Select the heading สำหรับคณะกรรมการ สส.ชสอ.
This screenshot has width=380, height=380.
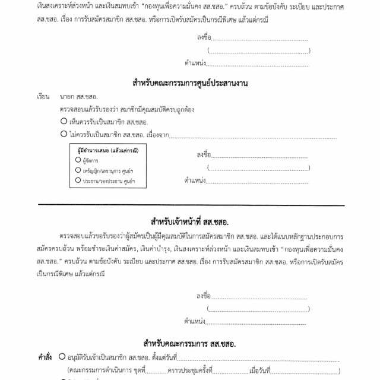click(x=190, y=344)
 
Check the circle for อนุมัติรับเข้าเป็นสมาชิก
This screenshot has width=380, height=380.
click(x=62, y=358)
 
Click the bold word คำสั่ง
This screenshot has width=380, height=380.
click(x=45, y=358)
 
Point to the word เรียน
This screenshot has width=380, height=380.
click(x=42, y=96)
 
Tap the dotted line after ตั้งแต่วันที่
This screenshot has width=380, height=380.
click(x=267, y=360)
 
